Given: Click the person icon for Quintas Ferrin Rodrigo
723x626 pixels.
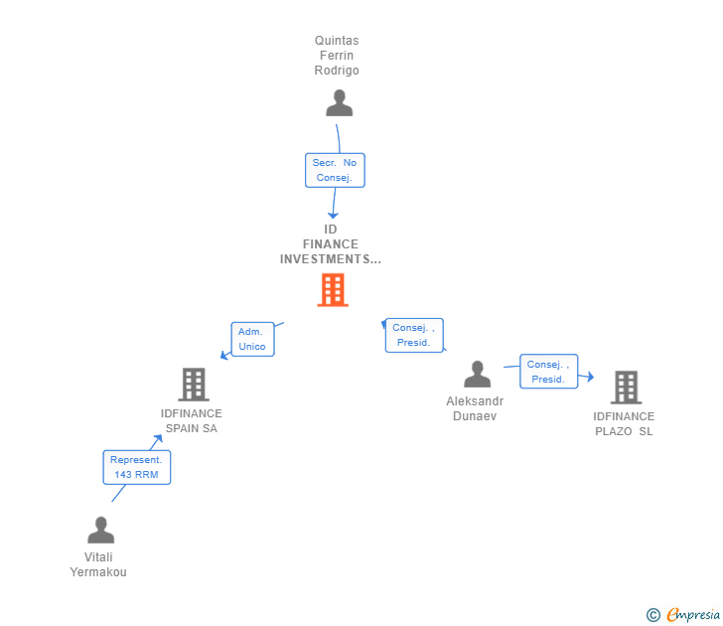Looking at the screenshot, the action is (340, 103).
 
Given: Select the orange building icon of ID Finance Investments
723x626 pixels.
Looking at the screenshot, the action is (333, 290).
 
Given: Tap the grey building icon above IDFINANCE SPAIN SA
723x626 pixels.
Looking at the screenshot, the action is (194, 385).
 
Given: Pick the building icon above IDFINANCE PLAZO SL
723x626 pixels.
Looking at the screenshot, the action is (625, 387).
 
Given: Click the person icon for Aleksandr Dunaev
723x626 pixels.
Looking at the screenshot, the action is (478, 376).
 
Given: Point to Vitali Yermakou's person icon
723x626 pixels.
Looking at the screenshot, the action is (100, 531).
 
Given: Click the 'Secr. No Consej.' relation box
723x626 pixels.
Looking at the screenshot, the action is (335, 170).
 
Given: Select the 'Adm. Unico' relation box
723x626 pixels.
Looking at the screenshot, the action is (252, 339).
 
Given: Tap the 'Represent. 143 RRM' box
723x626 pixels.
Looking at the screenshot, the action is (137, 467).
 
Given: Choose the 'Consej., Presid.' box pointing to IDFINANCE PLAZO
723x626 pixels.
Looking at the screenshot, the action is (548, 372).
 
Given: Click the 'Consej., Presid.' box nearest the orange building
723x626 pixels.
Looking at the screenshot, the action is (413, 335).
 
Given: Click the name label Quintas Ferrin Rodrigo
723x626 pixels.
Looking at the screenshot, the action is (337, 56).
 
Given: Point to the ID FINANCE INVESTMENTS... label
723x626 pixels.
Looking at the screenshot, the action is (331, 244).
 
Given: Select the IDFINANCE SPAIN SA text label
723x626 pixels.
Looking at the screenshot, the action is (192, 421).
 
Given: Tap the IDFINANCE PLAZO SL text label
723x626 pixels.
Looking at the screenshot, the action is (624, 424).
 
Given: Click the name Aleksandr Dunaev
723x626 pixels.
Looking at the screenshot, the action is (475, 408).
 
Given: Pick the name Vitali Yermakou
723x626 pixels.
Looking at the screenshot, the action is (98, 564).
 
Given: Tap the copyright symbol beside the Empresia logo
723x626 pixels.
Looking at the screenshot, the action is (653, 616).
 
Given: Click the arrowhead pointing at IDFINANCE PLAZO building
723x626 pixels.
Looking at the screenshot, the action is (590, 377).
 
